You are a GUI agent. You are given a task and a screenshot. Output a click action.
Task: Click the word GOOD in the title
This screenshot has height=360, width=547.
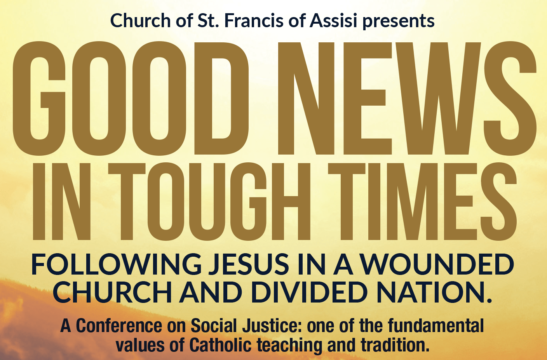coord(131,98)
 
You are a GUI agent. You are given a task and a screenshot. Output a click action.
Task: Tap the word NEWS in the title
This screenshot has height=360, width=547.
coord(407,98)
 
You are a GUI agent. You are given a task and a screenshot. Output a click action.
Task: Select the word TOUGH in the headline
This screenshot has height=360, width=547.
coord(209,201)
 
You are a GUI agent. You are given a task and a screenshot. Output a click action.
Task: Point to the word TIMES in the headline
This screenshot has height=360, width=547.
coord(422,201)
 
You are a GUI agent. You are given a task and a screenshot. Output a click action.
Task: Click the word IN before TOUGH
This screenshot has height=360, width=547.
coord(61,201)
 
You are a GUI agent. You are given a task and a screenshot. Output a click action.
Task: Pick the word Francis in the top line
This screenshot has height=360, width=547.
coord(254,21)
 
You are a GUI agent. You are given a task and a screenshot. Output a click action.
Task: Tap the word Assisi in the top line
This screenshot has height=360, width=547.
coord(334,21)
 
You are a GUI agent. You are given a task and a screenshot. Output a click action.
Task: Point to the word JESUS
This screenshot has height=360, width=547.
coord(249,264)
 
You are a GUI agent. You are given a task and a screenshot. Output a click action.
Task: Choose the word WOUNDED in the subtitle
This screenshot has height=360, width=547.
coord(437,264)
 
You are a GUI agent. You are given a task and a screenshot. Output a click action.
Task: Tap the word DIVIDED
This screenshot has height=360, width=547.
coord(309,292)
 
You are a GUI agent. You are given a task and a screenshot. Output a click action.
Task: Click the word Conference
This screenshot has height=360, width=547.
coord(119,325)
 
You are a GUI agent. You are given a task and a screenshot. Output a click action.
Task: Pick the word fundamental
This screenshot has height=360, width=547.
coord(436,325)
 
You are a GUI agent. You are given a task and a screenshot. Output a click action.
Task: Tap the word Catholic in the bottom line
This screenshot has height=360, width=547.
coord(220,344)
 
